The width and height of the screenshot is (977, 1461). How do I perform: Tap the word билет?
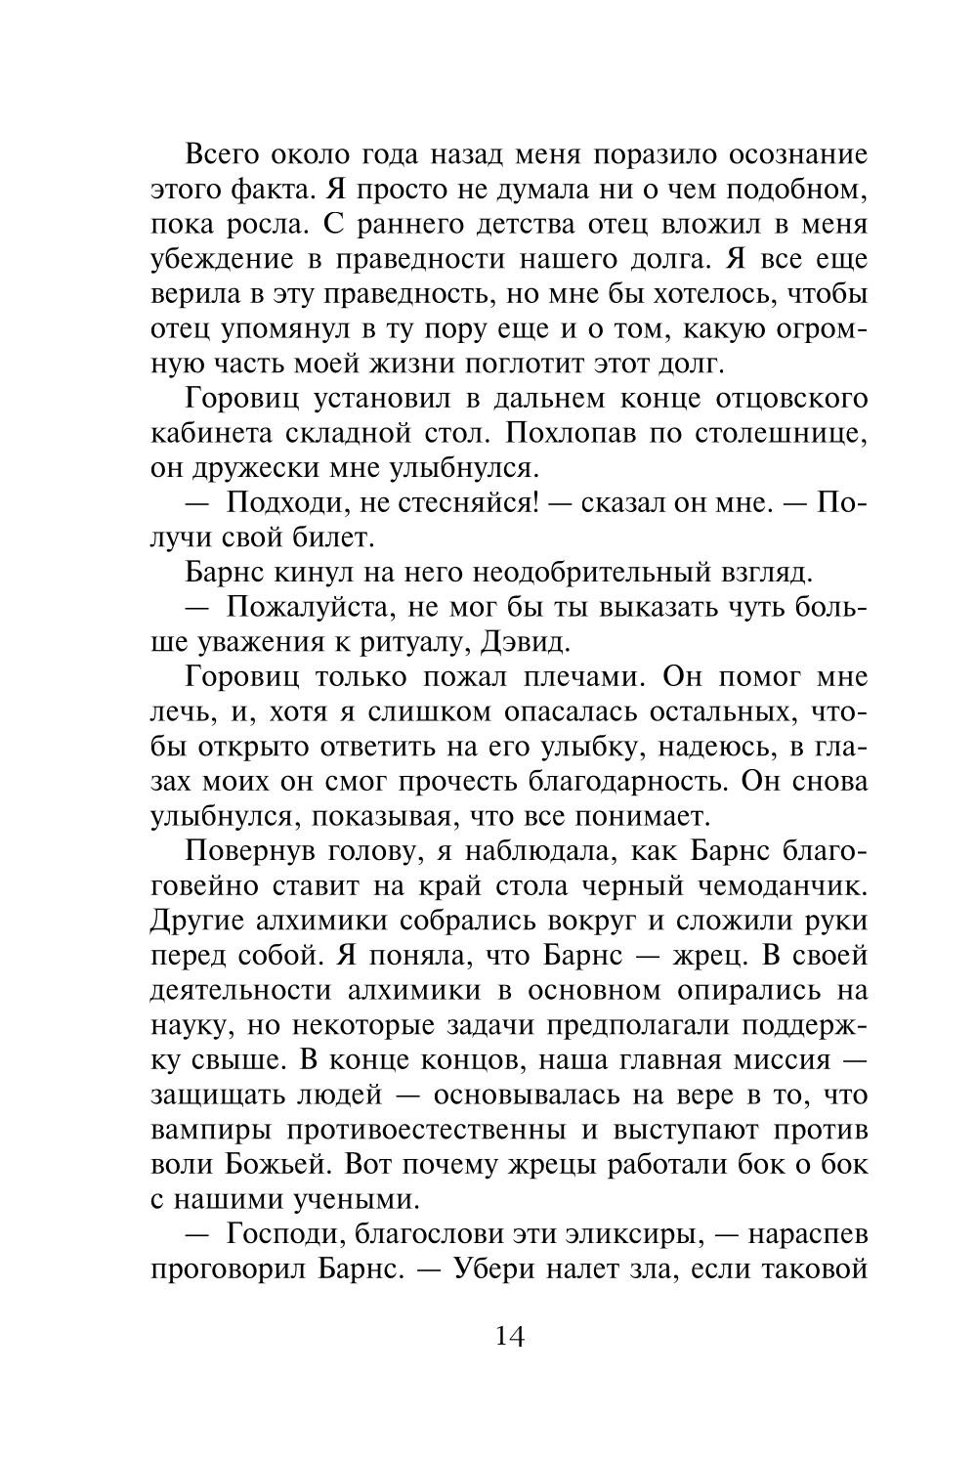point(329,537)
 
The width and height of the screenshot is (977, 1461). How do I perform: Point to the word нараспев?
point(806,1234)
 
